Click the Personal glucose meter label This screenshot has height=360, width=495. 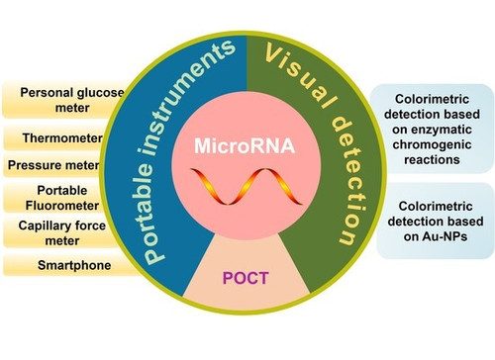tap(72, 100)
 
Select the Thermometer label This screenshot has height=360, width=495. tap(62, 138)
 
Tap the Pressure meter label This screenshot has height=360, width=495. tap(53, 165)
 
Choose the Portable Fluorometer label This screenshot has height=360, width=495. tap(62, 198)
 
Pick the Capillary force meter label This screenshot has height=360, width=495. tap(62, 233)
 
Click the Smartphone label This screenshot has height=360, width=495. tap(74, 265)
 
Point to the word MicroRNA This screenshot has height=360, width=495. tap(245, 145)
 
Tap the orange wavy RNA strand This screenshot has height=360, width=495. tap(247, 186)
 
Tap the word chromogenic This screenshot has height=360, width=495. tap(432, 144)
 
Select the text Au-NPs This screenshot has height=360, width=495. tap(445, 236)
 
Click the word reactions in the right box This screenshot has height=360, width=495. tap(432, 160)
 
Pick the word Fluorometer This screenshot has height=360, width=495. tap(62, 206)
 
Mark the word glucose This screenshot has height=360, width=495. tap(100, 93)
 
